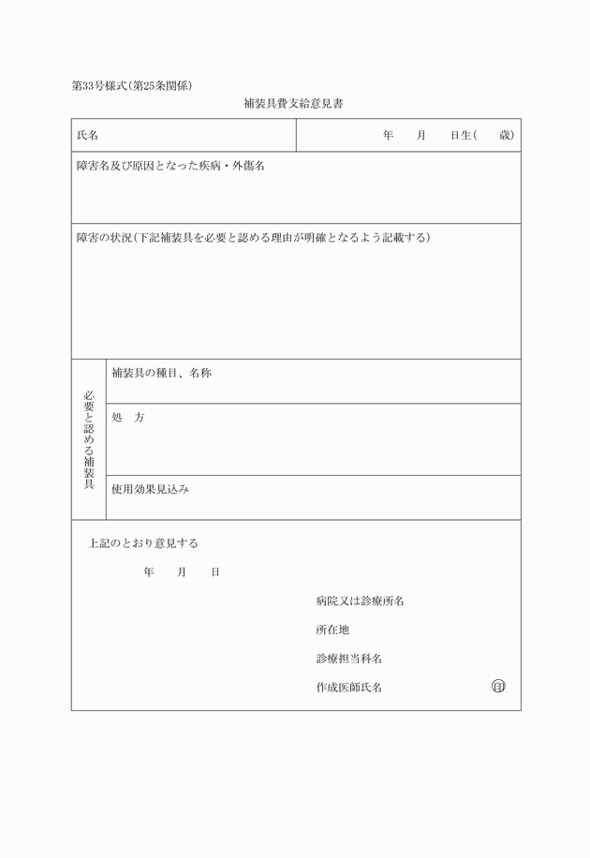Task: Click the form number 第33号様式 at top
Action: (103, 86)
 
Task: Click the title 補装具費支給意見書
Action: (293, 104)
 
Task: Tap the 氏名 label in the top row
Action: (87, 136)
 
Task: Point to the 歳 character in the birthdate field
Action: (505, 136)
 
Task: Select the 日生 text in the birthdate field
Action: (460, 136)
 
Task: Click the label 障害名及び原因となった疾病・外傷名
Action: (170, 167)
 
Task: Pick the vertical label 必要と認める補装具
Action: (89, 439)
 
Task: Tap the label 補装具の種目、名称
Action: (161, 374)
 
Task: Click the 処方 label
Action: (127, 418)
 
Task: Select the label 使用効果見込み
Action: (150, 489)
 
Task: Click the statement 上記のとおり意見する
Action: (143, 543)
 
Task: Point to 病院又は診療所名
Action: (360, 601)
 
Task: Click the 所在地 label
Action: (332, 630)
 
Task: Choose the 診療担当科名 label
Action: (348, 659)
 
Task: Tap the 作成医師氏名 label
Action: (348, 688)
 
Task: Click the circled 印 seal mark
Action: (498, 687)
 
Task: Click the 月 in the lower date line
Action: (182, 572)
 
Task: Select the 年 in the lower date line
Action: (149, 572)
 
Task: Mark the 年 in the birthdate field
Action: (388, 136)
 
